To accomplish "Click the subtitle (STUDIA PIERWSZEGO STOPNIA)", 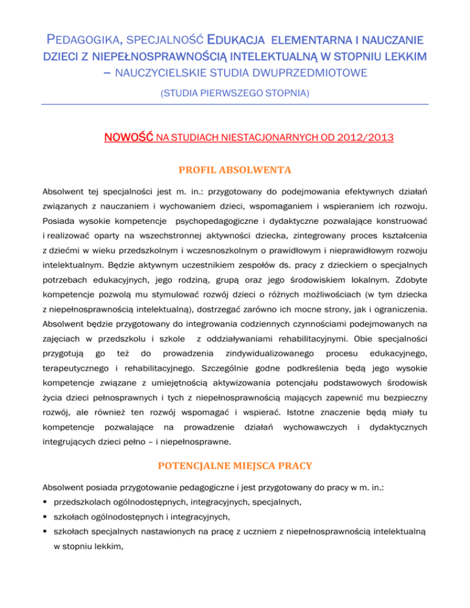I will pyautogui.click(x=235, y=95).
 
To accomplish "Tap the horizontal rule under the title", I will pyautogui.click(x=235, y=105).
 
